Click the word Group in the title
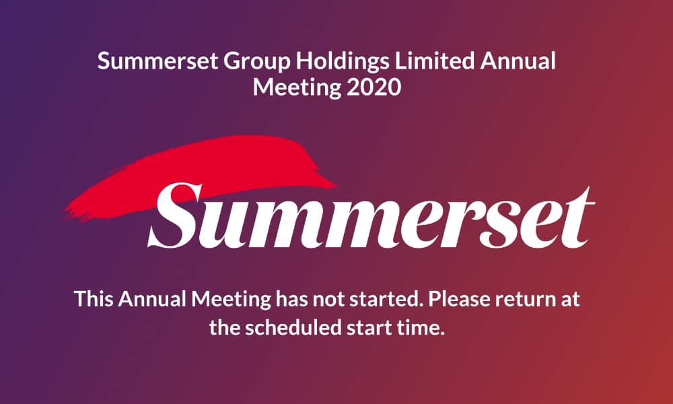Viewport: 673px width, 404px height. (x=256, y=62)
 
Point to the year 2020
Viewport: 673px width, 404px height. (x=374, y=87)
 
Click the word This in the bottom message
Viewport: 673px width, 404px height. (x=94, y=298)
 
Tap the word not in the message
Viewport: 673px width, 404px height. (x=328, y=300)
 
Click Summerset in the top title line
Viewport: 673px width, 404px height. (x=158, y=61)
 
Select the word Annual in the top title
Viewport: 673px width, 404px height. (x=518, y=61)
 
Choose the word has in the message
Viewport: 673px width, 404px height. (x=292, y=298)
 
